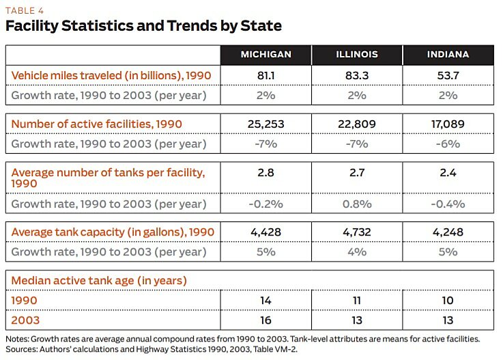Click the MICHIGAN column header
click(x=266, y=55)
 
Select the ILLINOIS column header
click(x=357, y=55)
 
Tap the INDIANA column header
click(x=448, y=55)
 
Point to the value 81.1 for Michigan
click(x=266, y=75)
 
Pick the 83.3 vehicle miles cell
click(x=357, y=75)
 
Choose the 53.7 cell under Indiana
click(x=448, y=75)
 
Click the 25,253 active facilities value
click(x=266, y=124)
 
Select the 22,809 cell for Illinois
click(x=357, y=124)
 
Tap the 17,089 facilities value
click(x=448, y=124)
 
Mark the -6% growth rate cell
click(x=448, y=144)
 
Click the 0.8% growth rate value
click(x=357, y=204)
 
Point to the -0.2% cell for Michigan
click(x=266, y=204)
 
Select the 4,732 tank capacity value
click(x=357, y=232)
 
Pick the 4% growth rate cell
click(x=357, y=252)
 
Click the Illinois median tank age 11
click(x=357, y=300)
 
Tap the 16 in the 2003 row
click(x=266, y=320)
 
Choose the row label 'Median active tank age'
click(x=99, y=280)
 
